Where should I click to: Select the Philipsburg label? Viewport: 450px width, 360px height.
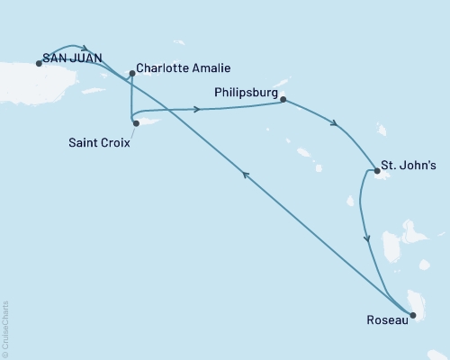[x=246, y=92]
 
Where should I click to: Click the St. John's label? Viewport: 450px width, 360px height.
[x=410, y=166]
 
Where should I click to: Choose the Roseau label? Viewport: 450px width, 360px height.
[x=385, y=319]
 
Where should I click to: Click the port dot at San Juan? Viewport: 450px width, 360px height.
[x=39, y=63]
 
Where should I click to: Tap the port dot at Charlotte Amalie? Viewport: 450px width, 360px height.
[x=132, y=74]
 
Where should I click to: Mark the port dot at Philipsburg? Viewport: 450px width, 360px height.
[x=283, y=100]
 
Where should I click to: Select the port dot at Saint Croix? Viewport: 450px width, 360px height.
[x=136, y=123]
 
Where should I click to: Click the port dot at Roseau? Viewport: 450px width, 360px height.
[x=413, y=315]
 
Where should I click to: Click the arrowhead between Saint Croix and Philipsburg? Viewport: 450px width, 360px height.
[x=195, y=110]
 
